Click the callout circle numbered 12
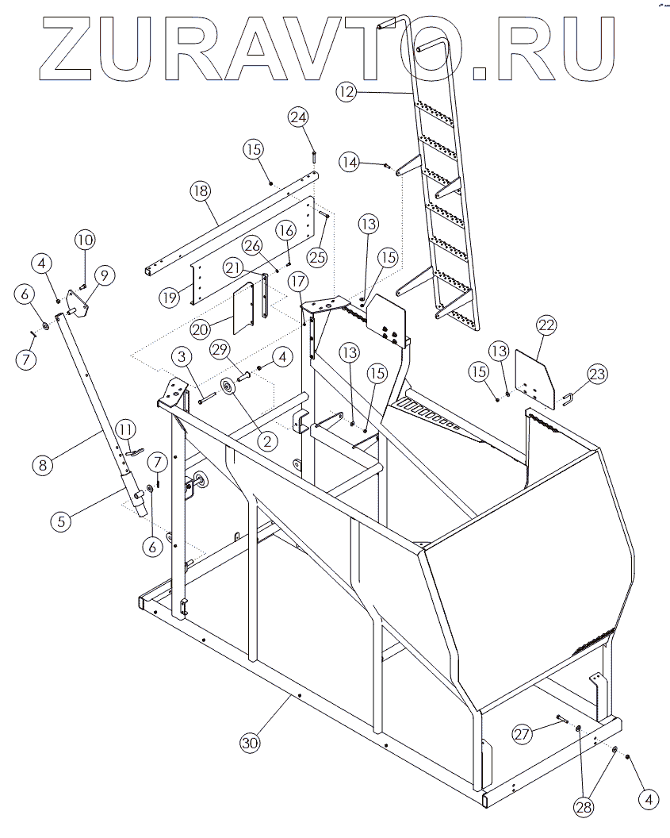pos(345,92)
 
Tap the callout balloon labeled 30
pos(250,743)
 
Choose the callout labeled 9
pos(103,275)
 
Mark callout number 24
pos(298,117)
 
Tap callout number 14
pos(350,161)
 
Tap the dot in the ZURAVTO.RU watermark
pos(480,73)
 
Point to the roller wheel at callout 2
pos(228,389)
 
